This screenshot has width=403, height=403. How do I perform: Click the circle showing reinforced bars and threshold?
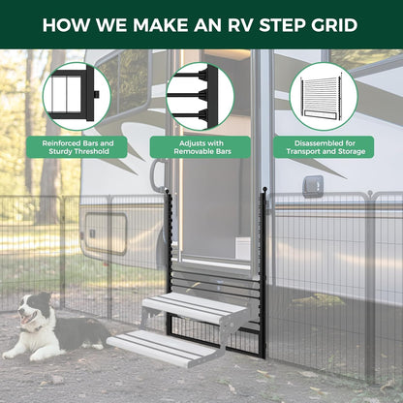pos(77,96)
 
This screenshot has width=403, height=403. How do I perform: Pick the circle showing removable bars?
pos(201,96)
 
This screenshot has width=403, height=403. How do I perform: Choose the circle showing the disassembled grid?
pos(324,96)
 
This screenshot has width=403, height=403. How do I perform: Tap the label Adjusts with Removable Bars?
pos(201,147)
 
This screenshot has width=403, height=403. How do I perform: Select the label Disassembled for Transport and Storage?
pos(324,147)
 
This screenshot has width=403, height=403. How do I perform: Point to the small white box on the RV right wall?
pos(313,186)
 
